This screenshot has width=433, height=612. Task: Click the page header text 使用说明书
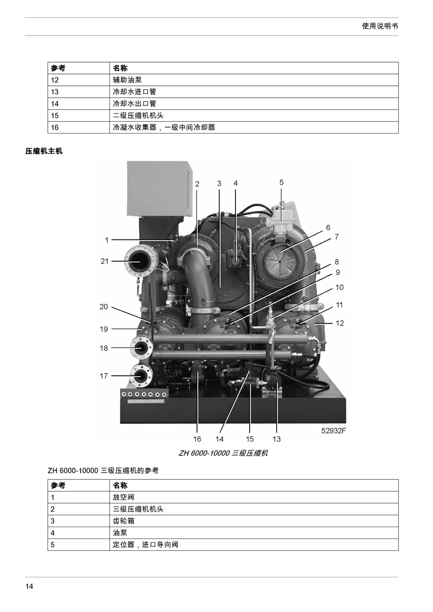pyautogui.click(x=380, y=26)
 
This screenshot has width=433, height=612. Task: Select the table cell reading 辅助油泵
pyautogui.click(x=127, y=80)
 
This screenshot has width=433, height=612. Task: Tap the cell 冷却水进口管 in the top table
pyautogui.click(x=134, y=92)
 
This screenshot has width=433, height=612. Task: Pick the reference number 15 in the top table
pyautogui.click(x=55, y=116)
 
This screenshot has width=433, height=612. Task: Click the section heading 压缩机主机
pyautogui.click(x=44, y=151)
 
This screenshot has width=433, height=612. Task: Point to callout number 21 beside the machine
pyautogui.click(x=104, y=261)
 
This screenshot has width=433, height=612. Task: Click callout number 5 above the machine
pyautogui.click(x=281, y=182)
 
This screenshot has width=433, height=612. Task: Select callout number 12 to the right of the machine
pyautogui.click(x=339, y=323)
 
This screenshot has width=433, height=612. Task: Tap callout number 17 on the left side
pyautogui.click(x=103, y=376)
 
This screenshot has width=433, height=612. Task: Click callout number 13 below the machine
pyautogui.click(x=277, y=439)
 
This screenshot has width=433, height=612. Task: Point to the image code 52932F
pyautogui.click(x=334, y=430)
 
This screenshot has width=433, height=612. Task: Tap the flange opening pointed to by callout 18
pyautogui.click(x=140, y=347)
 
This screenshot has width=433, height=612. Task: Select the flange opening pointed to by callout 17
pyautogui.click(x=140, y=376)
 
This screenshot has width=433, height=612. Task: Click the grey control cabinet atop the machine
pyautogui.click(x=160, y=189)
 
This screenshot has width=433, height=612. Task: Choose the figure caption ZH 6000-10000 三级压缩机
pyautogui.click(x=223, y=453)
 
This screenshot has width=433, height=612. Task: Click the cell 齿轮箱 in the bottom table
pyautogui.click(x=123, y=521)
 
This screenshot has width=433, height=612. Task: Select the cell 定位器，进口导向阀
pyautogui.click(x=146, y=544)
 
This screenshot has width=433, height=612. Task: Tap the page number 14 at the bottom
pyautogui.click(x=29, y=586)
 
